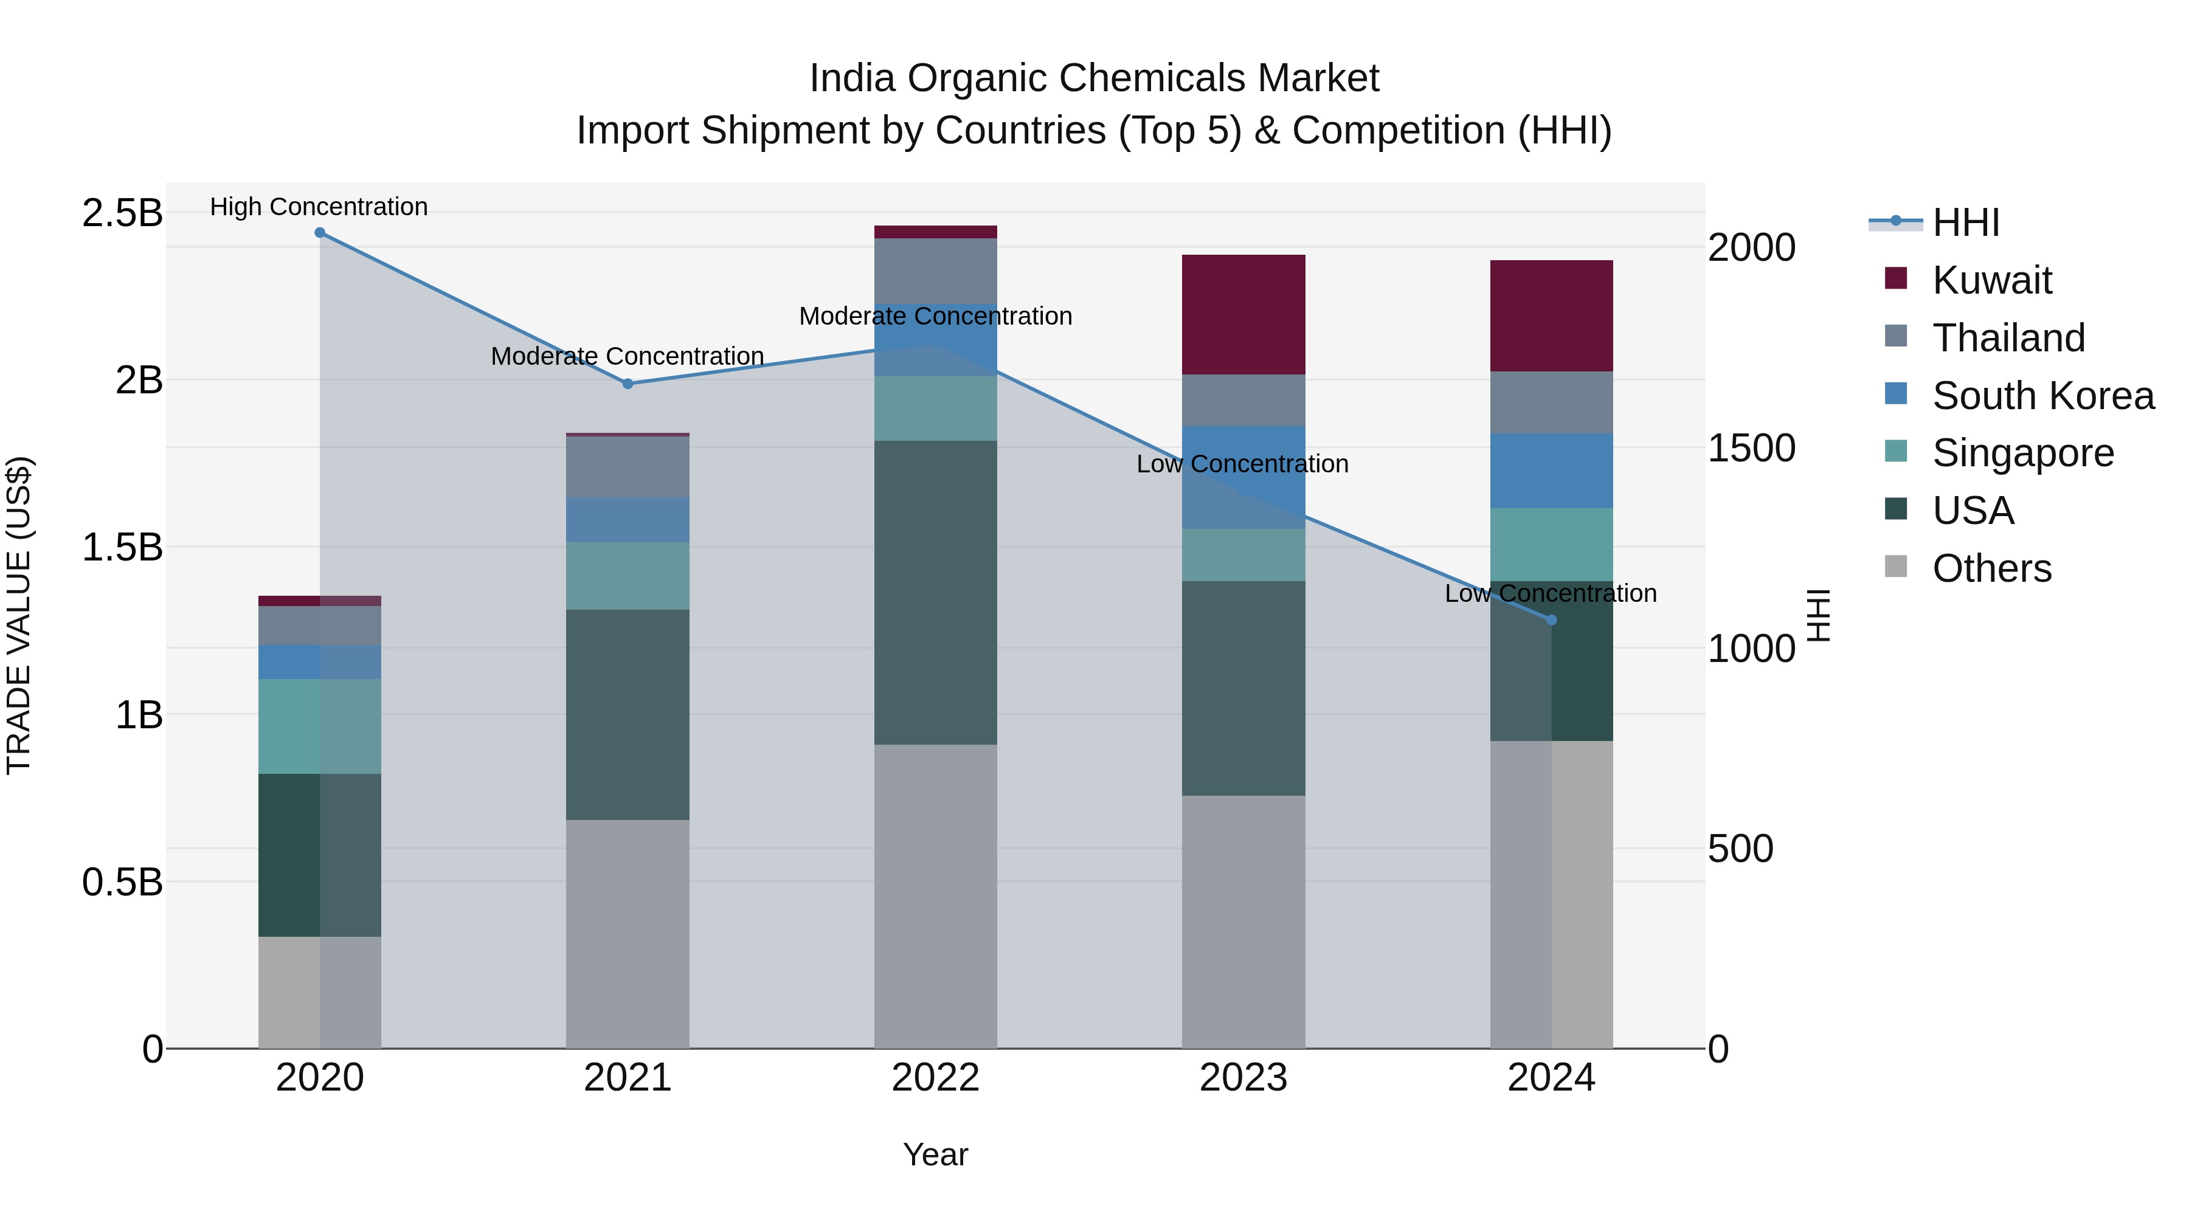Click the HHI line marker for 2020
(x=319, y=233)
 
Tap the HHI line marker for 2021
(x=628, y=384)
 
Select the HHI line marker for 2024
(x=1552, y=620)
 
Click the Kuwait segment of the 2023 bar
(x=1243, y=314)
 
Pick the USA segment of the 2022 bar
(x=936, y=592)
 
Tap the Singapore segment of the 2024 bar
(x=1552, y=545)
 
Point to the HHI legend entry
(x=1965, y=222)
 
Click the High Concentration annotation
(x=319, y=207)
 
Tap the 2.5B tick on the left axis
(x=122, y=212)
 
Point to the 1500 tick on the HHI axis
(x=1751, y=449)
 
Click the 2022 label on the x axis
(x=936, y=1078)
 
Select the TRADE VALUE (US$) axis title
(x=19, y=615)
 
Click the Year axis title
(x=936, y=1154)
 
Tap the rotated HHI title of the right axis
(x=1819, y=615)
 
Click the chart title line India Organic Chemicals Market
(x=1094, y=78)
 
